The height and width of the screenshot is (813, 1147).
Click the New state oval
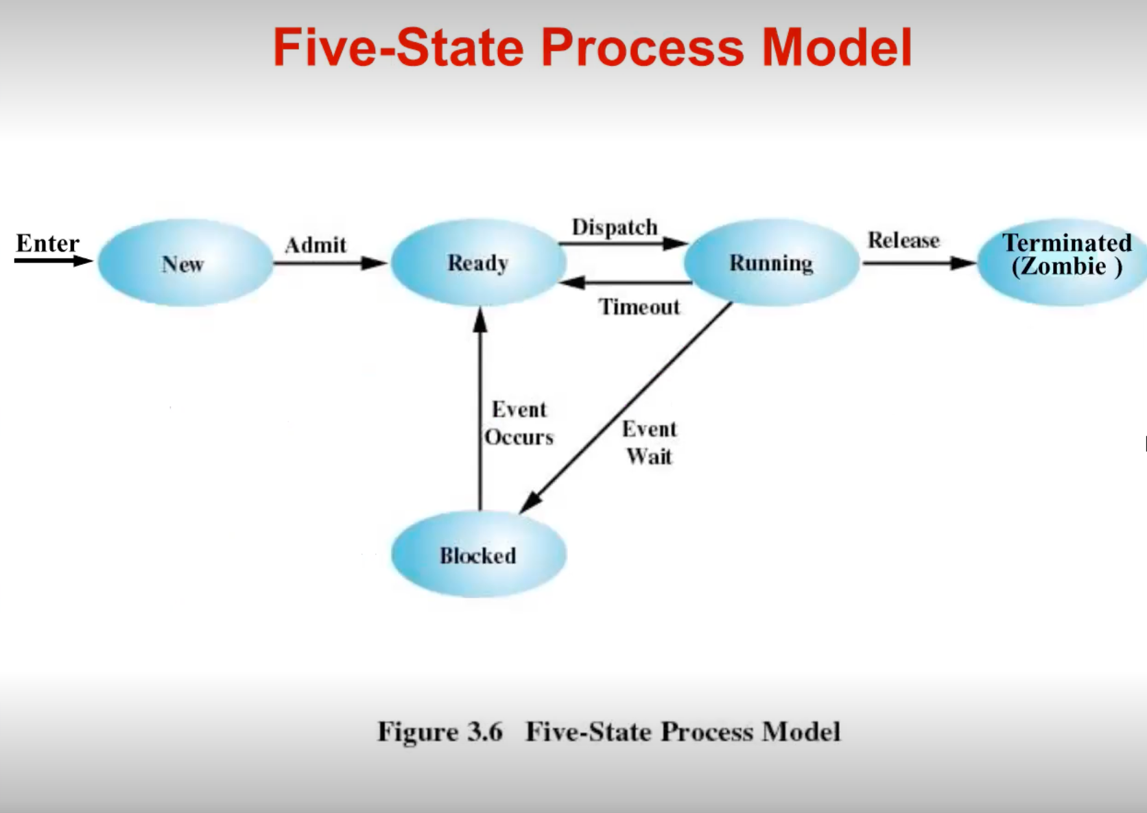point(185,263)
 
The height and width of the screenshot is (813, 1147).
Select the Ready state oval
point(478,263)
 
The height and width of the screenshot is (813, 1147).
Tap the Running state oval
point(771,263)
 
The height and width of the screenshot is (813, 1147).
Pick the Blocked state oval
point(478,555)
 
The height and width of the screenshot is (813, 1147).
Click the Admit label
point(316,245)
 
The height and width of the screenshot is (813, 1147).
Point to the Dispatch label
point(615,227)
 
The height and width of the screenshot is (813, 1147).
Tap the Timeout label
point(639,306)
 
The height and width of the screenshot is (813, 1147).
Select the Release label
point(903,240)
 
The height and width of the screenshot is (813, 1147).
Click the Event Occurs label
point(519,423)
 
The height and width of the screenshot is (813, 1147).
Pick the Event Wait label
point(649,442)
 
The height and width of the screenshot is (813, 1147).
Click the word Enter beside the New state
point(47,243)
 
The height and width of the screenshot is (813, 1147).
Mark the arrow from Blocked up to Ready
point(480,411)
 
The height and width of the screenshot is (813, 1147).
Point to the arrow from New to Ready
point(329,263)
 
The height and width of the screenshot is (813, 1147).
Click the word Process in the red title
point(642,47)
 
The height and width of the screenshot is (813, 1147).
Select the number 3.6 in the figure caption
point(484,731)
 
